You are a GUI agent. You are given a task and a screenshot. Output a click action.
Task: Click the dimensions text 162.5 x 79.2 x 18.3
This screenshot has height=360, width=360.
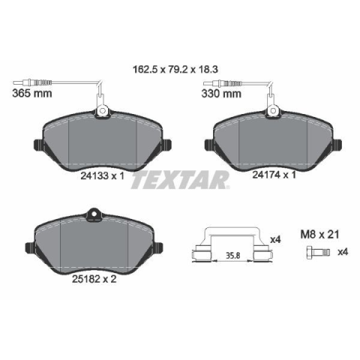[x=175, y=69]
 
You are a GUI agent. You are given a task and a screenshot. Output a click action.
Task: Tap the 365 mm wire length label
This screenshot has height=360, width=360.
[x=32, y=94]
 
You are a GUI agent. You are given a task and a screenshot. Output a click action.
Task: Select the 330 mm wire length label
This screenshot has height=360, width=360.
[x=221, y=94]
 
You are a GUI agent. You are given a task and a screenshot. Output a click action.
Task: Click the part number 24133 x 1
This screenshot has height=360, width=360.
[x=102, y=176]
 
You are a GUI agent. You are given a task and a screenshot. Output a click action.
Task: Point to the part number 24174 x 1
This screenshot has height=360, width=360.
[x=274, y=175]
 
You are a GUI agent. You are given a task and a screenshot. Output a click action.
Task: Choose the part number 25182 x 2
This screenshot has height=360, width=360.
[x=94, y=279]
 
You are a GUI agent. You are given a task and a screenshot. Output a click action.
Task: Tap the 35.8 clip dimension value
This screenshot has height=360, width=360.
[x=233, y=256]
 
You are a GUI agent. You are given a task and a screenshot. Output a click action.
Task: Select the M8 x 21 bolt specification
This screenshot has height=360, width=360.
[x=319, y=235]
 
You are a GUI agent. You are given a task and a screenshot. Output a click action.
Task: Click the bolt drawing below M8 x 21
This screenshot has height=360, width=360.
[x=318, y=252]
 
